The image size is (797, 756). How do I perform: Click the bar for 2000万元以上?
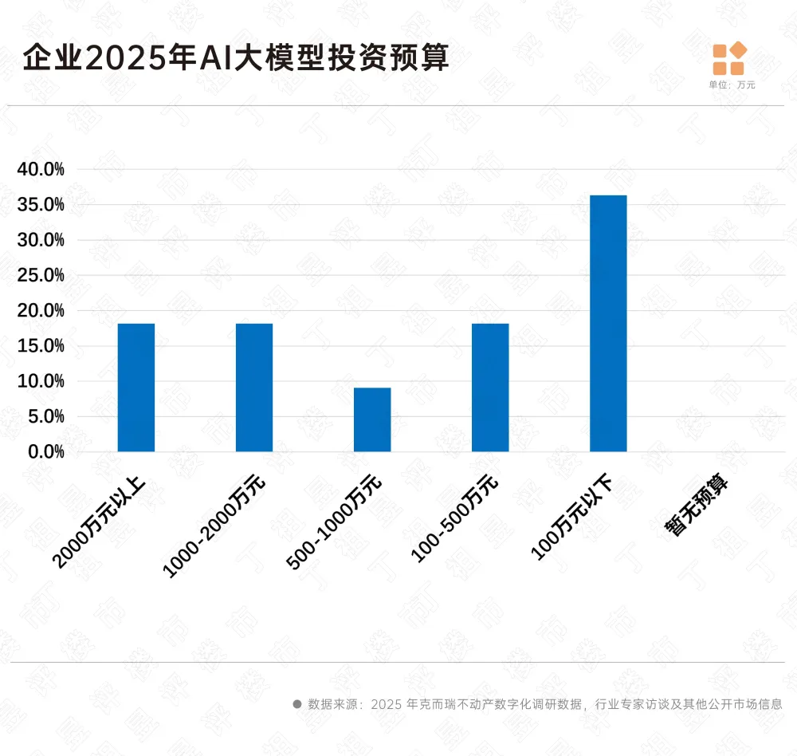pyautogui.click(x=135, y=388)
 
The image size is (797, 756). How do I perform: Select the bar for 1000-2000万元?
pyautogui.click(x=254, y=388)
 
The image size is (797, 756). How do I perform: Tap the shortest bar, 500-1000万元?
pyautogui.click(x=372, y=419)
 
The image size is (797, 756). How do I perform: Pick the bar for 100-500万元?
pyautogui.click(x=490, y=388)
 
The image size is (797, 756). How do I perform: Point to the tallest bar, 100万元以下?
pyautogui.click(x=608, y=323)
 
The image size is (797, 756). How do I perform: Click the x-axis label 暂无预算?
pyautogui.click(x=698, y=507)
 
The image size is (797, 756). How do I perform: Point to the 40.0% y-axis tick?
pyautogui.click(x=41, y=169)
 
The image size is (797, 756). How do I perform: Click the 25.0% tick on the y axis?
pyautogui.click(x=41, y=275)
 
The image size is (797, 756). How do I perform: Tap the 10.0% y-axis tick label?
pyautogui.click(x=41, y=381)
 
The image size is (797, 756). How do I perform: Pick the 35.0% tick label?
pyautogui.click(x=41, y=205)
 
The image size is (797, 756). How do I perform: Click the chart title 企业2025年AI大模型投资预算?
pyautogui.click(x=236, y=58)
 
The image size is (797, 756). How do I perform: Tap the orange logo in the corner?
pyautogui.click(x=729, y=58)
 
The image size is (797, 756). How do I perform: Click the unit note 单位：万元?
pyautogui.click(x=732, y=85)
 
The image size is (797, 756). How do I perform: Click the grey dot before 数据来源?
pyautogui.click(x=297, y=704)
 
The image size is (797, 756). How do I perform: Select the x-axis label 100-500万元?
pyautogui.click(x=454, y=518)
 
